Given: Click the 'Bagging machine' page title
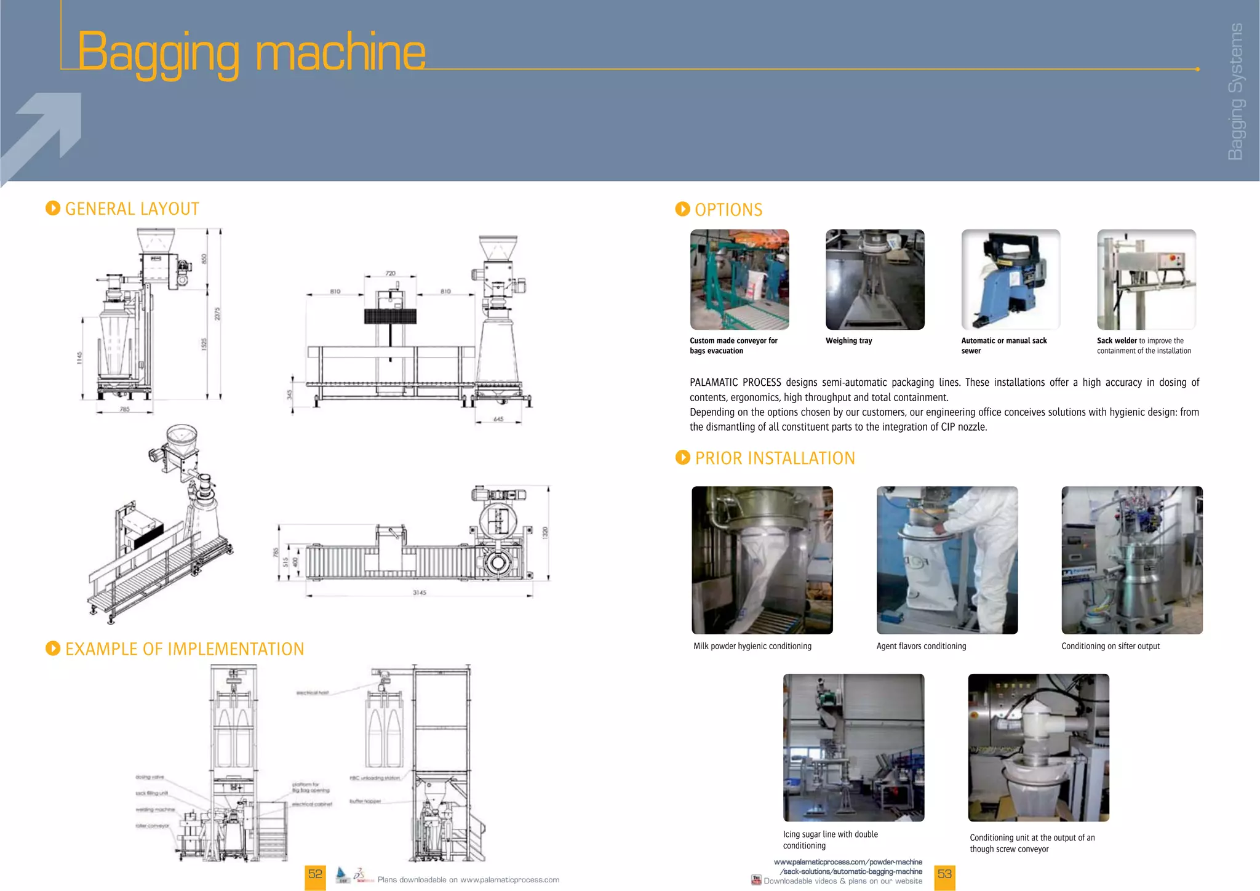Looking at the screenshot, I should pos(251,53).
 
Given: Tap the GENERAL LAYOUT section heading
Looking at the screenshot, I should pos(132,209).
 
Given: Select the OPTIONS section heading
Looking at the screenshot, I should pos(728,210).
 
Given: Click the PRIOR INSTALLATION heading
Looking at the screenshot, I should pos(774,458).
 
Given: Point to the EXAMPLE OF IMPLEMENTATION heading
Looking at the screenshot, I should pos(184,649).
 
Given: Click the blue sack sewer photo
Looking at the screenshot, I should pos(1010,279).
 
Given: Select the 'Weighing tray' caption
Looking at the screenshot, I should pos(848,341).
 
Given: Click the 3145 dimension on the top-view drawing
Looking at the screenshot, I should pos(419,593).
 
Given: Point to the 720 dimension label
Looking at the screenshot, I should pos(391,273).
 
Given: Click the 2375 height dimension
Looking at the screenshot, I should pos(217,314).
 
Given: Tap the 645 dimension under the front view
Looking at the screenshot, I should pos(498,419).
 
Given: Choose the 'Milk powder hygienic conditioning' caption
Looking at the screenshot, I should pos(752,646).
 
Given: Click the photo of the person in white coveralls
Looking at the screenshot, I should pos(946,560).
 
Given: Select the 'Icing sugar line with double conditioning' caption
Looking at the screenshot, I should pos(830,840).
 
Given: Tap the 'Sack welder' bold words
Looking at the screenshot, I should pos(1117,341).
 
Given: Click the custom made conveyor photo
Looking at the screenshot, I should pos(739,279).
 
